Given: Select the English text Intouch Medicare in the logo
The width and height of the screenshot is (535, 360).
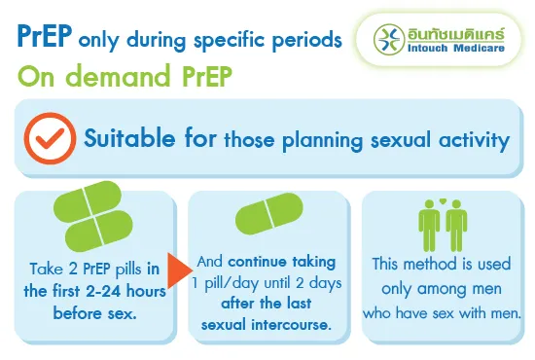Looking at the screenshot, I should pyautogui.click(x=454, y=49).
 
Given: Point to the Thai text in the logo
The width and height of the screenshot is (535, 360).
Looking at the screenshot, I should pyautogui.click(x=454, y=31).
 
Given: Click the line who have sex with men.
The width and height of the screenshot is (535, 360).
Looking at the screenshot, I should pyautogui.click(x=443, y=313).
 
